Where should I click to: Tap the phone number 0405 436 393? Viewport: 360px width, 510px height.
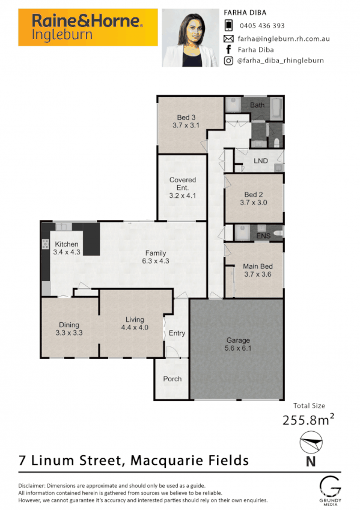(x=262, y=25)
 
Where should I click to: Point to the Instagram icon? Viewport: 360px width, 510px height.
(x=228, y=61)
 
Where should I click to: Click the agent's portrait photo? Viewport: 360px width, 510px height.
(x=190, y=37)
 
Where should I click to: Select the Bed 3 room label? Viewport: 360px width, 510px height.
(x=186, y=117)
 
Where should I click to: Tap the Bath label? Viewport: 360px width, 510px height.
(x=257, y=105)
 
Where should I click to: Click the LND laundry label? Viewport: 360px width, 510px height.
(x=260, y=161)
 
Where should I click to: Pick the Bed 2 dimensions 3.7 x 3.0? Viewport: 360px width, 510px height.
(x=253, y=203)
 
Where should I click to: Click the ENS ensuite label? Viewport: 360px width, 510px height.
(x=263, y=235)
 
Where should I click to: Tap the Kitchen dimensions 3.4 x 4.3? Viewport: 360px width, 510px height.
(x=66, y=252)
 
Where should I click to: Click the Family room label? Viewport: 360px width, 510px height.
(x=155, y=253)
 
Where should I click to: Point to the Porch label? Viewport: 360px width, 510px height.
(x=172, y=379)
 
